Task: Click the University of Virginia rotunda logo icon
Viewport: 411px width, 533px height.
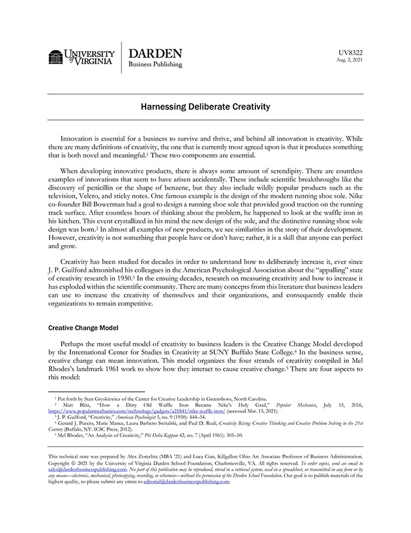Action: pos(55,57)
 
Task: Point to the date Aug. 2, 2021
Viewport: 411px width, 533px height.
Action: pos(349,60)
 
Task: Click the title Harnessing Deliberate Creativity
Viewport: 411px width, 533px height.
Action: pos(205,107)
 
